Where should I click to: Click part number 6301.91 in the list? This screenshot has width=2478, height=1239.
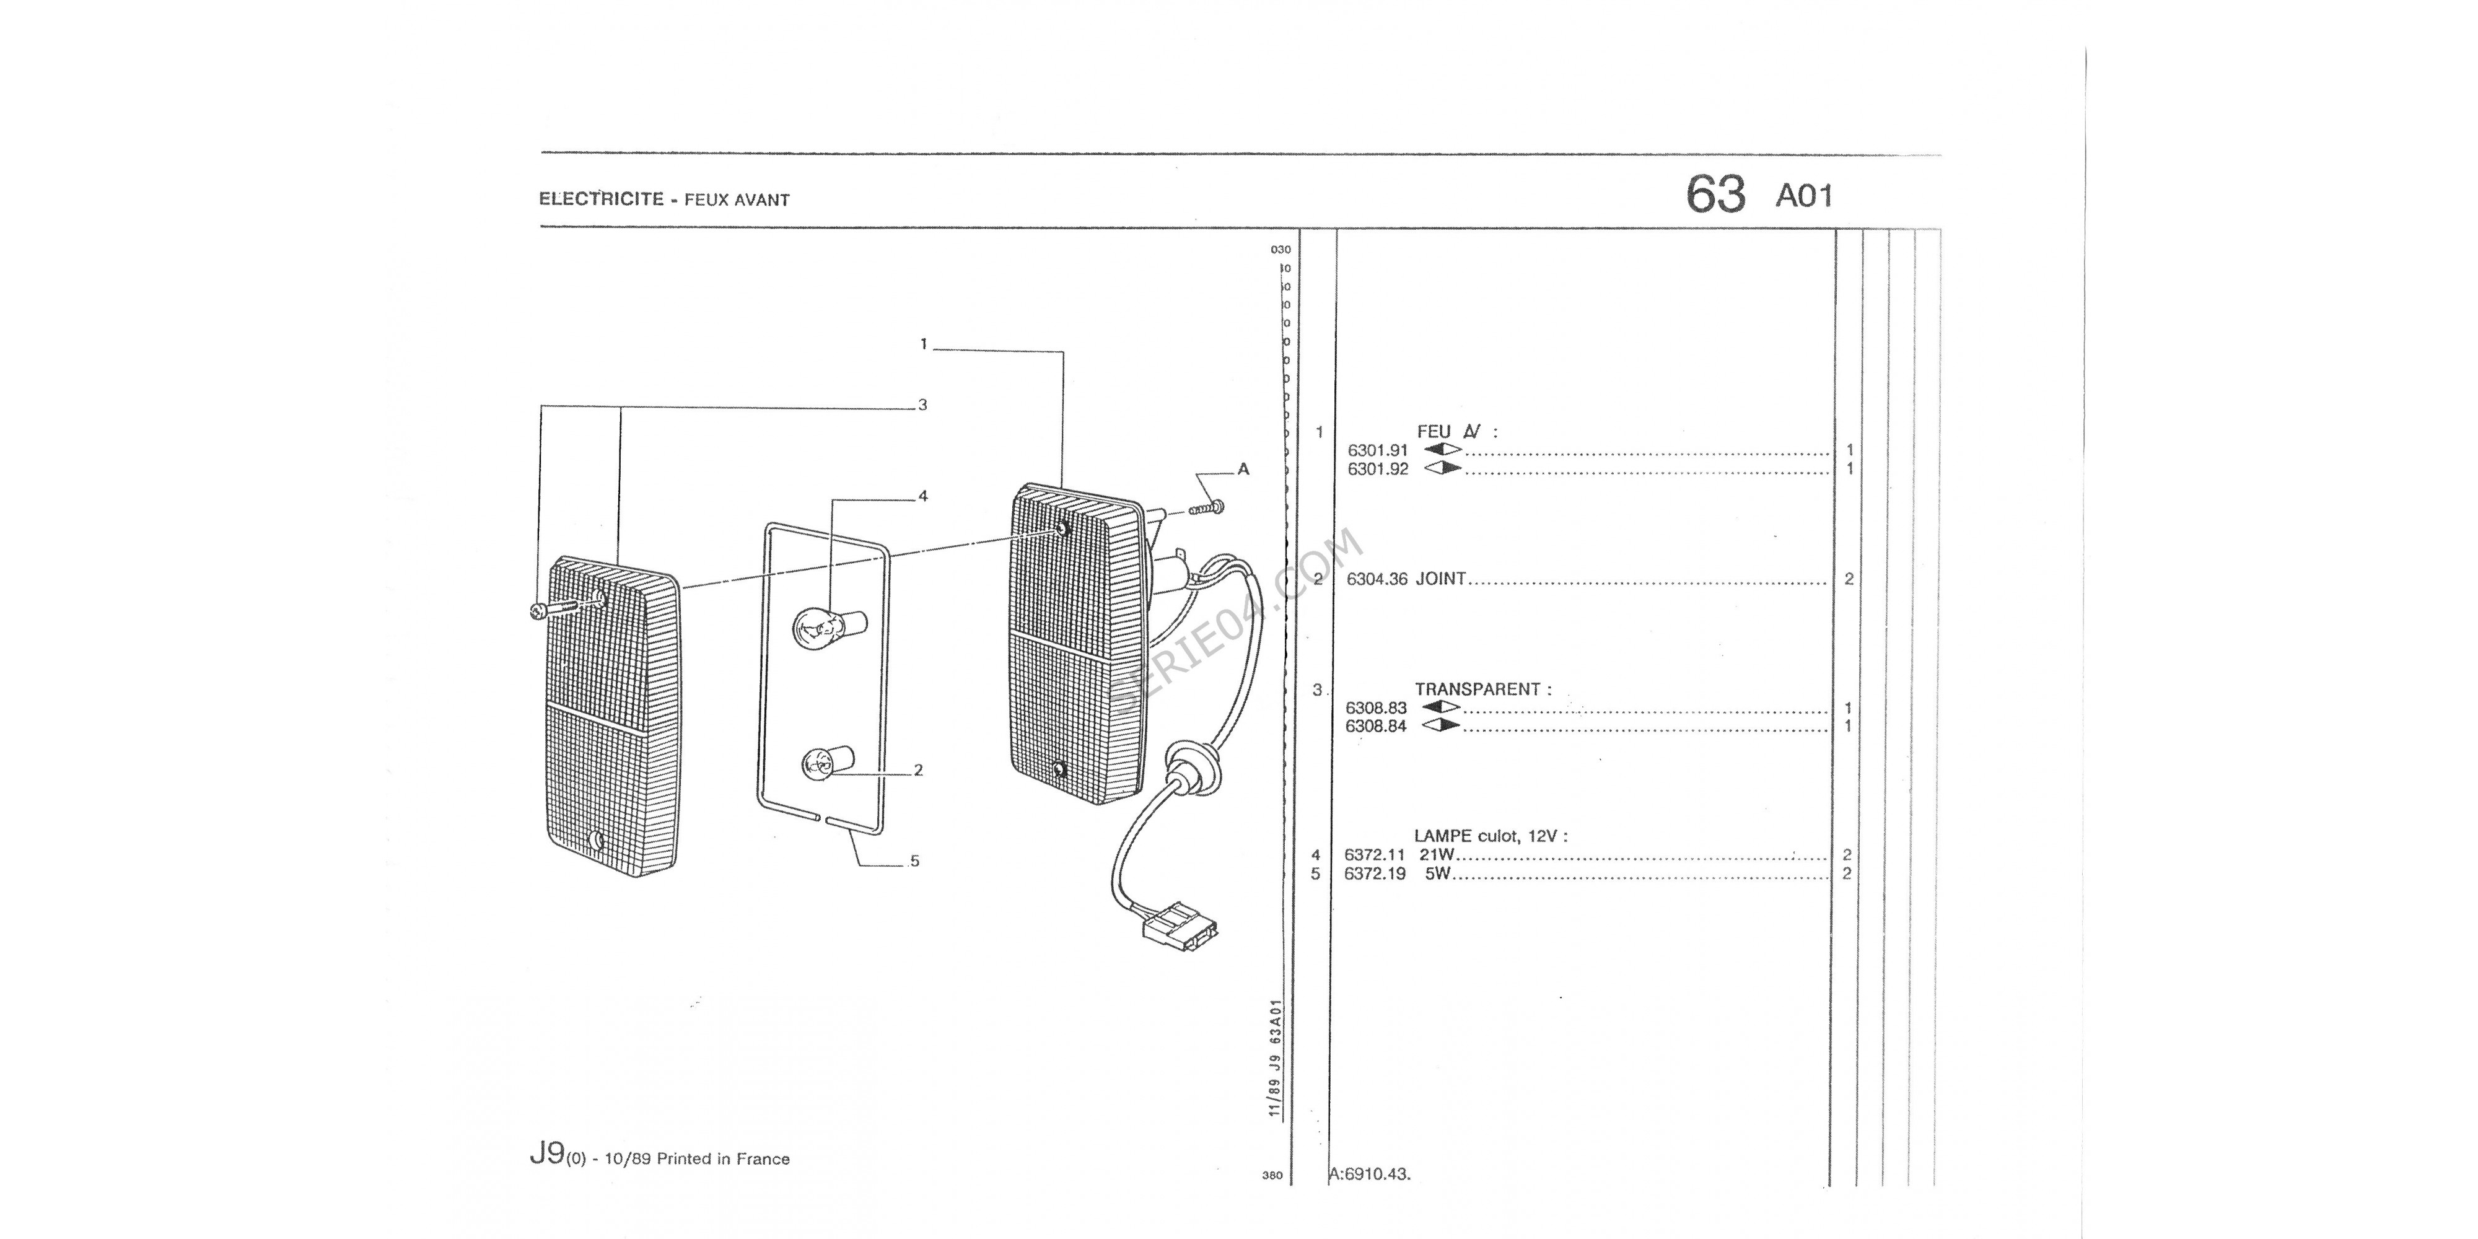pyautogui.click(x=1378, y=450)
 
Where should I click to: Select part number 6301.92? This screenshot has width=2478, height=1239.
pyautogui.click(x=1378, y=470)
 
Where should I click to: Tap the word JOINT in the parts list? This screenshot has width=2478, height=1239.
pyautogui.click(x=1441, y=579)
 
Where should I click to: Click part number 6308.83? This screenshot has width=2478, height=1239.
pyautogui.click(x=1375, y=708)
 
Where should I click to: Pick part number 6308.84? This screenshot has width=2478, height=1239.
pyautogui.click(x=1375, y=726)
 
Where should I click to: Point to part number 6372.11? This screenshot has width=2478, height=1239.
pyautogui.click(x=1375, y=855)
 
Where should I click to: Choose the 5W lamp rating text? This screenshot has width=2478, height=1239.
pyautogui.click(x=1437, y=874)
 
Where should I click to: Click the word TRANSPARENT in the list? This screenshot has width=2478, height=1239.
pyautogui.click(x=1478, y=689)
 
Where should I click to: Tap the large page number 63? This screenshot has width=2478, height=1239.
pyautogui.click(x=1715, y=195)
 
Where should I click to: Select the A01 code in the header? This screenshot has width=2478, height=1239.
pyautogui.click(x=1803, y=196)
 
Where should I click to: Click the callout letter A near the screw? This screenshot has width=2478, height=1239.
pyautogui.click(x=1243, y=470)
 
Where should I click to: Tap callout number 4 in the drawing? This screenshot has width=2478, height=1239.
pyautogui.click(x=922, y=496)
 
